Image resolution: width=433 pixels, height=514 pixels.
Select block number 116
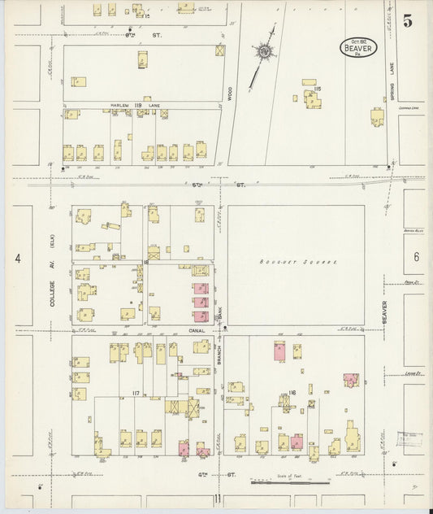pyautogui.click(x=291, y=394)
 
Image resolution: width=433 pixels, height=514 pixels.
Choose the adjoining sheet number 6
pyautogui.click(x=415, y=257)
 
